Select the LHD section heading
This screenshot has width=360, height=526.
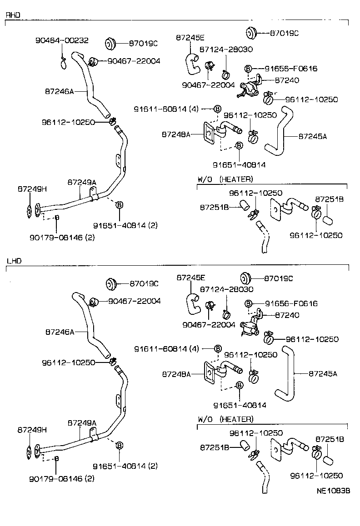tap(14, 261)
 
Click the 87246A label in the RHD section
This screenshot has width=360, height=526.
tap(59, 91)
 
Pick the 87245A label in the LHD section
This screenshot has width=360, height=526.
tap(323, 373)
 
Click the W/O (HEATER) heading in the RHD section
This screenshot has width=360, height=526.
tap(225, 179)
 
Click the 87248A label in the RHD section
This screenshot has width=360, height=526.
tap(175, 134)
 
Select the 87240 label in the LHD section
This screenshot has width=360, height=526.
tap(287, 314)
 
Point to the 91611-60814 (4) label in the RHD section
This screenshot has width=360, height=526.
tap(166, 109)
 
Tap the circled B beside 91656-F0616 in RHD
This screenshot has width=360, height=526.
tap(248, 69)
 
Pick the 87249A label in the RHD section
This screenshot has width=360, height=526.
tap(82, 182)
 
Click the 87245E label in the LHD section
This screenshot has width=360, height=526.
tap(191, 277)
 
